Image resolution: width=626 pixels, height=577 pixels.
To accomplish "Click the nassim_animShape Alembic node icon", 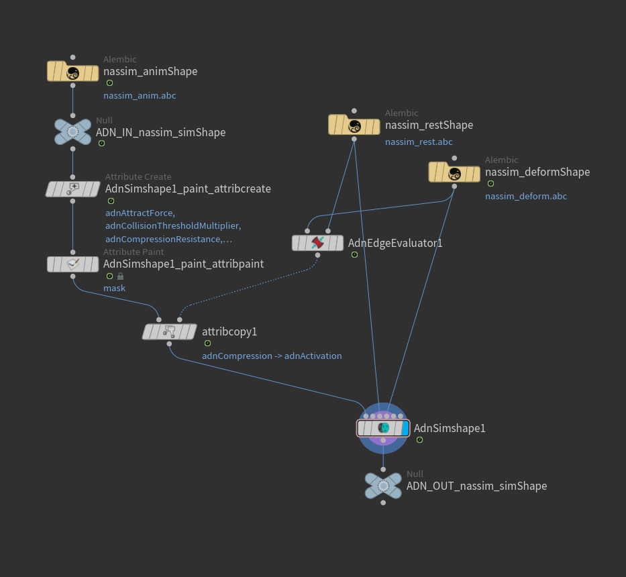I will point(72,72).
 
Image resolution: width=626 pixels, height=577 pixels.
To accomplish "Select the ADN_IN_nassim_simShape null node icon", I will point(72,132).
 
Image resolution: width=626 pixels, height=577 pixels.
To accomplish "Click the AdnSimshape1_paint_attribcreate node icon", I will point(72,189).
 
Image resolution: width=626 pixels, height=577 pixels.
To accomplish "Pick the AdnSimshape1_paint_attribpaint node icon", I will point(72,264).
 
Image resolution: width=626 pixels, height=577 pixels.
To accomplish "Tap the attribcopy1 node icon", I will point(168,331).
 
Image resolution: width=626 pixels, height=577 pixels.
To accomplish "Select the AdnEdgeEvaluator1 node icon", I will point(317,243).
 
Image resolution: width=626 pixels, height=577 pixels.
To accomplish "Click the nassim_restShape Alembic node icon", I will point(354,125).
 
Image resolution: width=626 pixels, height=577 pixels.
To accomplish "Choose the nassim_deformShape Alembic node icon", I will point(454,172).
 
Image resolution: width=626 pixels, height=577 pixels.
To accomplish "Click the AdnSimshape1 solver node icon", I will point(383,427).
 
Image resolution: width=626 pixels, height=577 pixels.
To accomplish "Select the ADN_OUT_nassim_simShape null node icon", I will point(383,486).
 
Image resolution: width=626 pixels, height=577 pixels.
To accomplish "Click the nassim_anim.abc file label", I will point(140,96).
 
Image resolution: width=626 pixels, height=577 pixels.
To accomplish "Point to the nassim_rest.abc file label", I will point(419,142).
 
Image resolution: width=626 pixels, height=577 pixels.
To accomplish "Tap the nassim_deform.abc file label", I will point(525,197).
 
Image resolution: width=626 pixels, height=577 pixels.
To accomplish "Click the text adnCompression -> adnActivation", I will point(272,356).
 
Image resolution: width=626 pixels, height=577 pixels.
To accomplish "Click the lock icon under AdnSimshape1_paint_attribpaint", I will point(120,276).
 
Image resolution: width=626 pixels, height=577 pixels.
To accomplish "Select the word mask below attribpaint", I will point(114,288).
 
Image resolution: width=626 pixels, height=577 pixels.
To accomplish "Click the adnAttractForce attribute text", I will point(140,213).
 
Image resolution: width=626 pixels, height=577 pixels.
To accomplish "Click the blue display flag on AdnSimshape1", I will point(405,427).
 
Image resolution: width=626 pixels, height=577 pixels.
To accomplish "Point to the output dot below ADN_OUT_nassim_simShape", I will point(383,503).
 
